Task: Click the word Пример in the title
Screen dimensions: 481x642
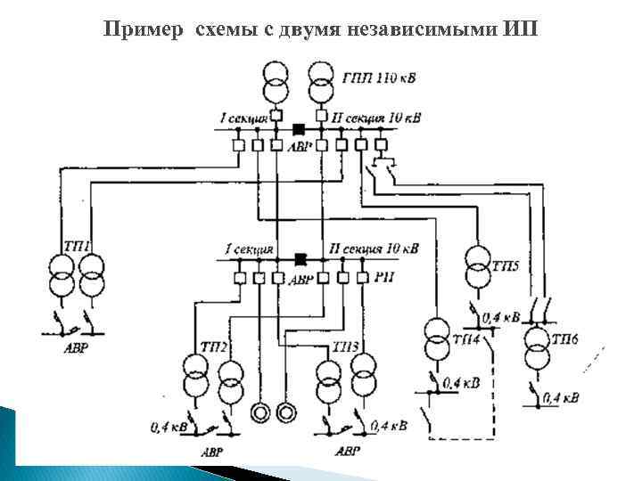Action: (138, 29)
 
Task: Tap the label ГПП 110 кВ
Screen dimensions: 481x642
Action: (379, 78)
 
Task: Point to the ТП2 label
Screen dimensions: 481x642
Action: (207, 346)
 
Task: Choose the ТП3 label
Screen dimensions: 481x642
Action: (344, 346)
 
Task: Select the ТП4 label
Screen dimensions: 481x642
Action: (465, 338)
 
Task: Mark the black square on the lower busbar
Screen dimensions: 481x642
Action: (300, 259)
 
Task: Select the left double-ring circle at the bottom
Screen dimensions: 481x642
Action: (261, 412)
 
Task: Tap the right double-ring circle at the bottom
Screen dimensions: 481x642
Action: (287, 412)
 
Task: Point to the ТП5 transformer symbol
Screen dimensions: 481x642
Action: (478, 268)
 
